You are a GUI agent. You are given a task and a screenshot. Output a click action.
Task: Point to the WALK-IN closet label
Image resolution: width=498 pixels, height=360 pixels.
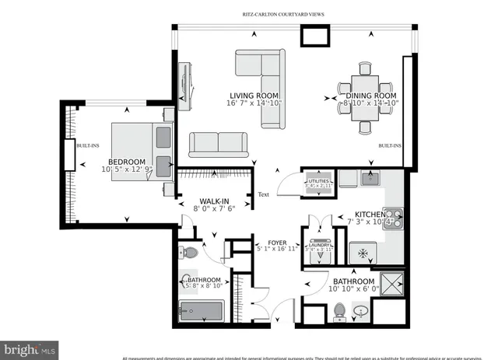tap(213, 200)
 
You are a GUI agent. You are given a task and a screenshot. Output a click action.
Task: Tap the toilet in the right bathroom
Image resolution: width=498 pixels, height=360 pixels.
tap(339, 312)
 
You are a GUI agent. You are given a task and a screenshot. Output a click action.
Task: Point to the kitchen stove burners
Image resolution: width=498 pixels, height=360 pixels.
tap(395, 216)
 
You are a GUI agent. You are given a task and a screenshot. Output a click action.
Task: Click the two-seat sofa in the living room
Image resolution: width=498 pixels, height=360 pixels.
tap(218, 144)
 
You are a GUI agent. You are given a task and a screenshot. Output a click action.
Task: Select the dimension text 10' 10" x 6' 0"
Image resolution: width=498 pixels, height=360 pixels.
tap(354, 290)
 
